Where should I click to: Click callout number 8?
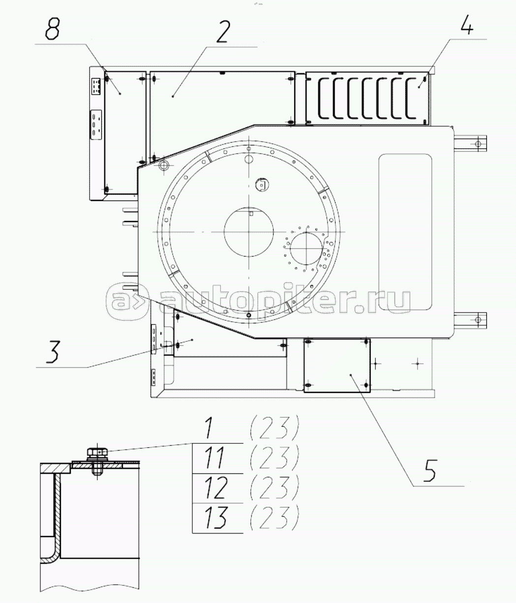[53, 29]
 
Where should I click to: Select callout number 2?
[223, 31]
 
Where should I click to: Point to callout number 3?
[54, 352]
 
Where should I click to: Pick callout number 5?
[429, 470]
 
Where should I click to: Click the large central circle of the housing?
[248, 231]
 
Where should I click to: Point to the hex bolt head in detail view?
[97, 453]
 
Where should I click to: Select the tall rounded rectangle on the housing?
[405, 232]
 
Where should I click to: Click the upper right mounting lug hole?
[478, 144]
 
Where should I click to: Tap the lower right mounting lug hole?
[478, 320]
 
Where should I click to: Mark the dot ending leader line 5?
[351, 374]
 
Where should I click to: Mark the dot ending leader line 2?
[173, 96]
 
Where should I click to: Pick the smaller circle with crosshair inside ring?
[306, 249]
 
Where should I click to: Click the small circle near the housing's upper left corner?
[163, 166]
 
